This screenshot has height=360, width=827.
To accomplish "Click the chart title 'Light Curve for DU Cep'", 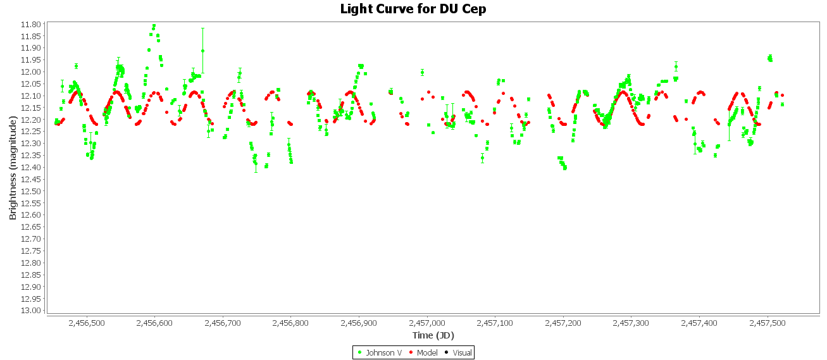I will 413,9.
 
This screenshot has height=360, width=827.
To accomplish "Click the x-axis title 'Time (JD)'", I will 433,335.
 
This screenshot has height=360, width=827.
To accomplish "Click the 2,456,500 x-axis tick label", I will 87,323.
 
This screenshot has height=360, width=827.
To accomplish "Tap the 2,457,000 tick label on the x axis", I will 427,323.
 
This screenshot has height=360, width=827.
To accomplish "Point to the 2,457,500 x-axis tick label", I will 768,323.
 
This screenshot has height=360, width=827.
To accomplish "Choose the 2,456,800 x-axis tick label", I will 291,323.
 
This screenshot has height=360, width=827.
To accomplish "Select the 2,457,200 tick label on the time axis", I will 563,323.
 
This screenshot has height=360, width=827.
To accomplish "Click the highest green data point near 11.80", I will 154,26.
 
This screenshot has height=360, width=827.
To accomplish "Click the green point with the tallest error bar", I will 202,51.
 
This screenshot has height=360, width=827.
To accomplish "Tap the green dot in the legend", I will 360,352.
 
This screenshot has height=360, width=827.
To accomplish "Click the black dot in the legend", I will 447,352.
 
